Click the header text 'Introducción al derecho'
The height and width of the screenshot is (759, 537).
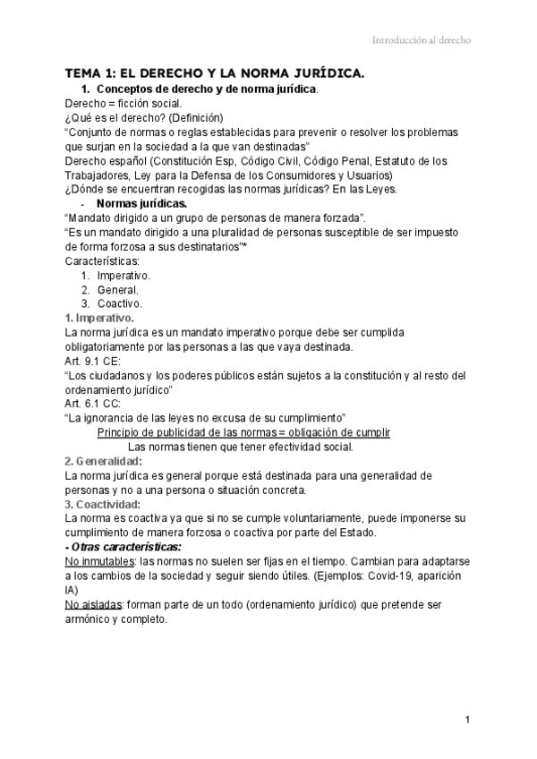(421, 40)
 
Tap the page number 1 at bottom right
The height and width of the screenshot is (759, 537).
(468, 720)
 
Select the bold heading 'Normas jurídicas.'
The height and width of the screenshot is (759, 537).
(141, 204)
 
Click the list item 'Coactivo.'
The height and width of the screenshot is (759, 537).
(119, 303)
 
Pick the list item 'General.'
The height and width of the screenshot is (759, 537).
(117, 289)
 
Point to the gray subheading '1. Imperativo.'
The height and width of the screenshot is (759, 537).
(99, 318)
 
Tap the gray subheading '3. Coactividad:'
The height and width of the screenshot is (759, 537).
(103, 504)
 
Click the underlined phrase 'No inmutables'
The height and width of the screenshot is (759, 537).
(100, 561)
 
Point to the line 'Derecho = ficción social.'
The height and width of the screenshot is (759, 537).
(124, 103)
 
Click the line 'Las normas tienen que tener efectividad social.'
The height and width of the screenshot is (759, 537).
(241, 447)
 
